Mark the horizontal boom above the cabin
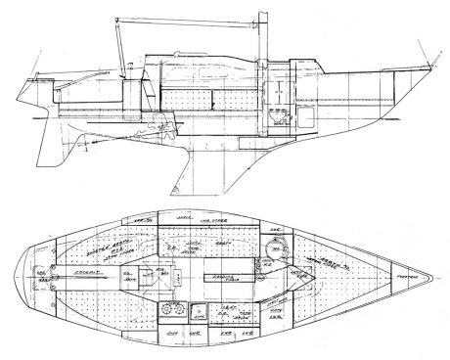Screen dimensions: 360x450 tap(176, 19)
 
